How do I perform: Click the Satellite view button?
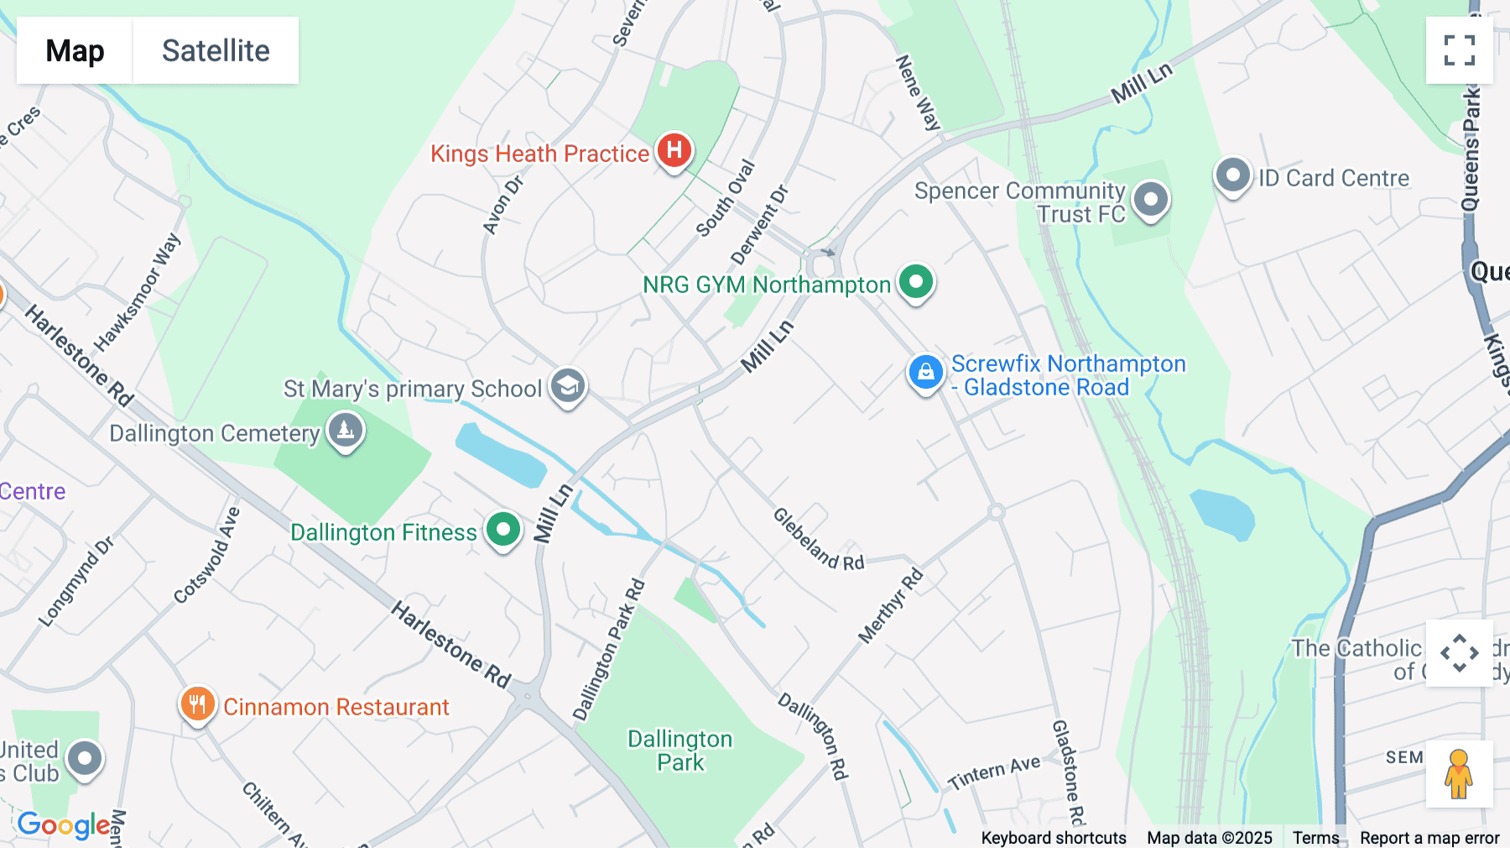[216, 50]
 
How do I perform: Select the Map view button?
[75, 50]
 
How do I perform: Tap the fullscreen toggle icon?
[1459, 50]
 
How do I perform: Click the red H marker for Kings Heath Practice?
[674, 151]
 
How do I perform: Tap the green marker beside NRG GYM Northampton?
[916, 282]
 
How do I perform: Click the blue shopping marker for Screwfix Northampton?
[925, 372]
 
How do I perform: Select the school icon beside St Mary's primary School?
[568, 386]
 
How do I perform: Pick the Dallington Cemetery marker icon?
[345, 431]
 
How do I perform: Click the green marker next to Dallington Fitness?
[503, 531]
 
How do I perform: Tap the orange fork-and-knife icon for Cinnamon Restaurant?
[198, 704]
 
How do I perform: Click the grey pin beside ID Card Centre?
[1232, 176]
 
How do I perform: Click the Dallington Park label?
[680, 751]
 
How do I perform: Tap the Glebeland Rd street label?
[818, 539]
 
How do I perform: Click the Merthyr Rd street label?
[891, 606]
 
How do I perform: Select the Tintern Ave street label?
[994, 772]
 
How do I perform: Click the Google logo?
[64, 824]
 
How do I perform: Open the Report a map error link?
[1429, 838]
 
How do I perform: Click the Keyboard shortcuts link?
[1054, 838]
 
